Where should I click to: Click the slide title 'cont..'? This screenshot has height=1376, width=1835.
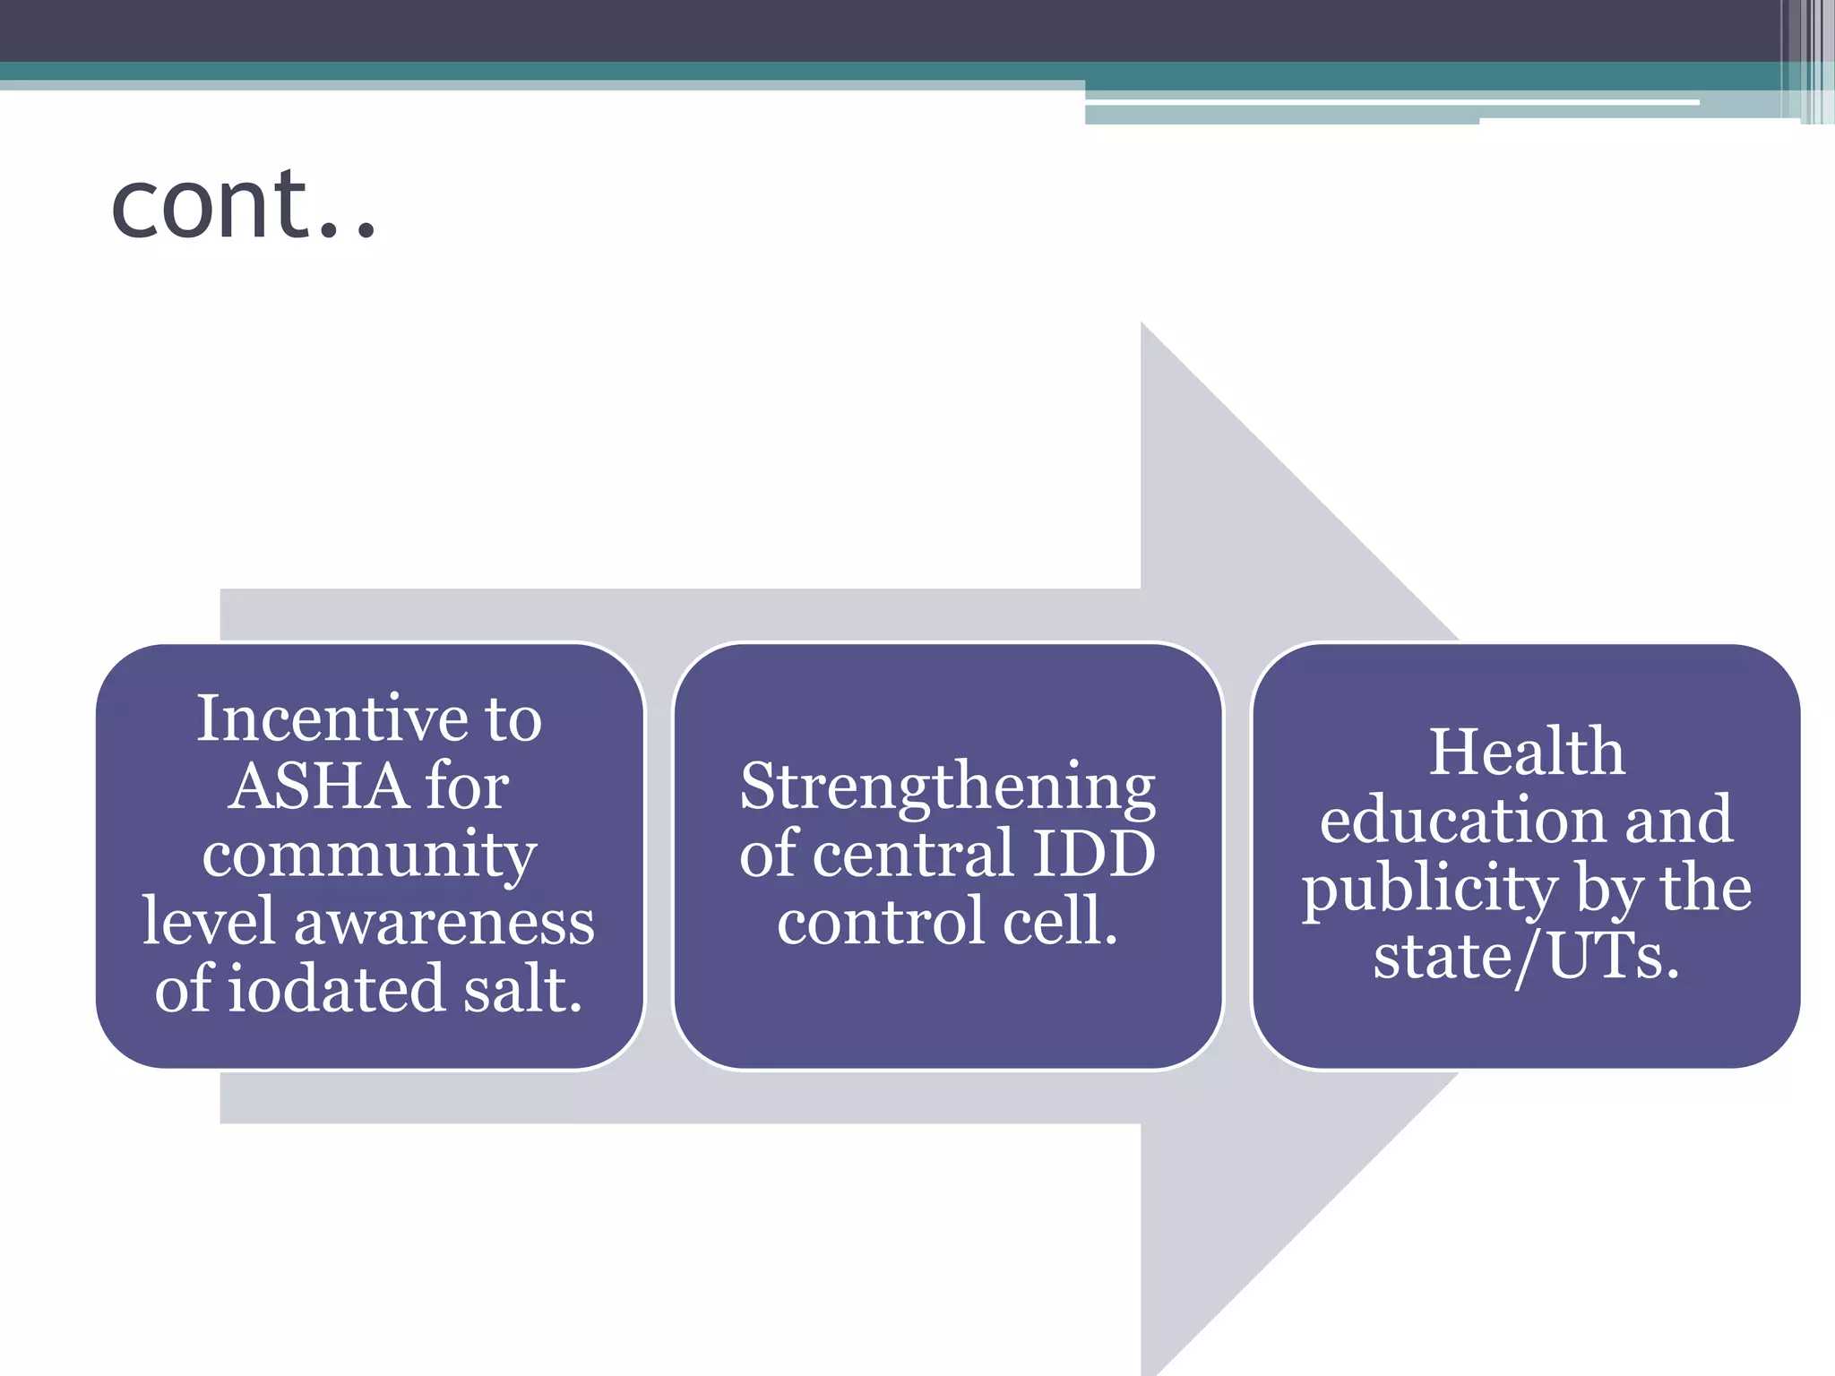(242, 206)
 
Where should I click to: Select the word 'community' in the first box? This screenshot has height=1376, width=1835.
(369, 856)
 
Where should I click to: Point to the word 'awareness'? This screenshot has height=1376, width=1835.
(444, 923)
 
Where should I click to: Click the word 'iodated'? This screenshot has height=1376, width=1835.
(336, 990)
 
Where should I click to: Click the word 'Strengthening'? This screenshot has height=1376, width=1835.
(947, 787)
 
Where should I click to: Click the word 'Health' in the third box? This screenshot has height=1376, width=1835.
(1526, 752)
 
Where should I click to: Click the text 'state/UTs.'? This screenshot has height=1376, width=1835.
(1526, 958)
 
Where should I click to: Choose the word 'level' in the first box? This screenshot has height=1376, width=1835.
(208, 923)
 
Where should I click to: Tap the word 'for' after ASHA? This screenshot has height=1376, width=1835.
(467, 787)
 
